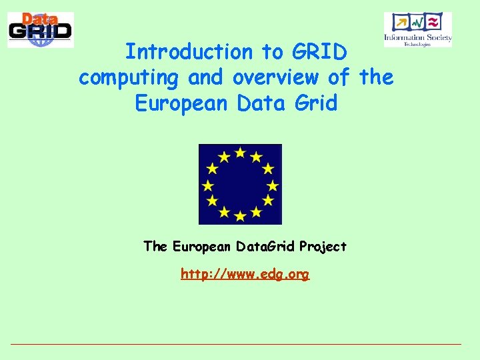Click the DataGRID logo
41,30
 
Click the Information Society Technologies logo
418,29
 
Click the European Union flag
240,184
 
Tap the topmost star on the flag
240,153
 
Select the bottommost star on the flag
240,215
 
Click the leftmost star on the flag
208,185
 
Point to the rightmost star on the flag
272,185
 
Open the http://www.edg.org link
245,274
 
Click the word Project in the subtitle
323,247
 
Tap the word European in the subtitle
200,247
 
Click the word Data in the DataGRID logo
39,20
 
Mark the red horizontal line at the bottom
236,344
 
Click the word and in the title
207,78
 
